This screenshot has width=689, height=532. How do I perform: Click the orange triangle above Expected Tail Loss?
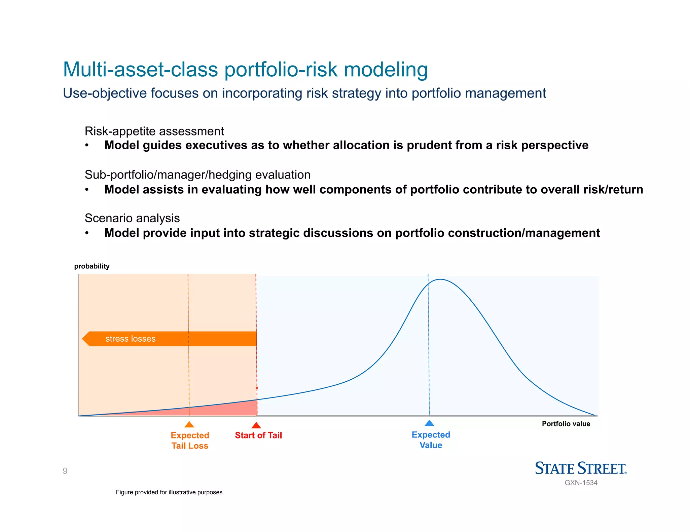[189, 425]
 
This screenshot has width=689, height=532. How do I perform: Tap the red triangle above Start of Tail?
[256, 426]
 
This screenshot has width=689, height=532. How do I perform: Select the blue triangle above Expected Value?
[430, 423]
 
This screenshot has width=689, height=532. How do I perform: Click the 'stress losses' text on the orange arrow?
[131, 339]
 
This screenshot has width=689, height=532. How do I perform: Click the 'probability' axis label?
[92, 266]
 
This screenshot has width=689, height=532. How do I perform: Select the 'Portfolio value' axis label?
[566, 424]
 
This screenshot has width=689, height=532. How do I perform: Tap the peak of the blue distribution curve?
[440, 279]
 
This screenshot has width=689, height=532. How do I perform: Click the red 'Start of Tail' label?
[258, 435]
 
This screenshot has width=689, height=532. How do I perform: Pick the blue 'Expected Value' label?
[431, 440]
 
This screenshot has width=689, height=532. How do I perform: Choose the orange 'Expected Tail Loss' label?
[190, 441]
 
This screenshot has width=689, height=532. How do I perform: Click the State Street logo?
[581, 468]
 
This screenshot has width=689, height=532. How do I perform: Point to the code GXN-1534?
[581, 483]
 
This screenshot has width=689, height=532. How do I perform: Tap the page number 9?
[65, 471]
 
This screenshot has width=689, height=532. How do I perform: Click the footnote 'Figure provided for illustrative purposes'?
[170, 492]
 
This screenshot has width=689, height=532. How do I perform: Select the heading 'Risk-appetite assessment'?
[154, 131]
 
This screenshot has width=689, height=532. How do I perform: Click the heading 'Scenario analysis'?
[132, 218]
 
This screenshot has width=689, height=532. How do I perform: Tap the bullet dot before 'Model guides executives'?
[87, 145]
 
